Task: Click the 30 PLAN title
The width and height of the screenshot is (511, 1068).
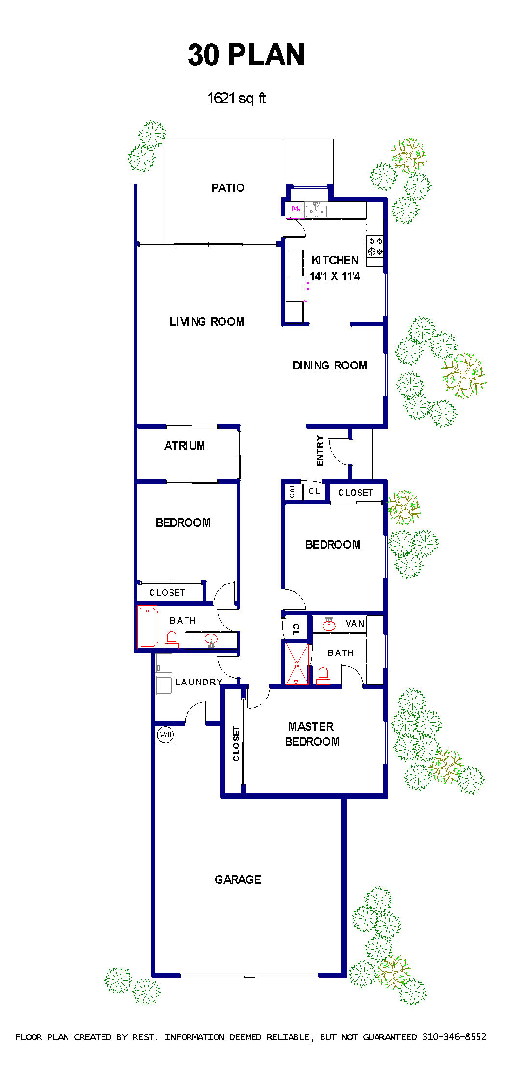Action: [x=246, y=54]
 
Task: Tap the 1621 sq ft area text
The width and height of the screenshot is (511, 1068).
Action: [x=237, y=98]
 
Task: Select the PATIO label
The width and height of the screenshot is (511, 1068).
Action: [x=228, y=188]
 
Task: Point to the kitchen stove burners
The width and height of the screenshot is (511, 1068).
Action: [x=375, y=246]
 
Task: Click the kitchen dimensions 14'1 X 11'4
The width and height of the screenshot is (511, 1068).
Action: [x=335, y=276]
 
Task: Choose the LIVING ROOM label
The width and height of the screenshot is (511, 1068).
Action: [x=207, y=322]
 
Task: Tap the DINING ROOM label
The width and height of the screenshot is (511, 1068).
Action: [x=330, y=366]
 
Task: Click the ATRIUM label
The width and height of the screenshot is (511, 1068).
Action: [x=185, y=446]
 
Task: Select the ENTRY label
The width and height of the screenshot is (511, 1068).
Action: [x=319, y=451]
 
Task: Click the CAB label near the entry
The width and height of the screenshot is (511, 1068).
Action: [x=292, y=490]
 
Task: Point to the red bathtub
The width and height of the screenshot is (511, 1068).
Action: [x=148, y=627]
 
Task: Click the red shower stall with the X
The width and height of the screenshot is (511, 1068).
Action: [x=297, y=664]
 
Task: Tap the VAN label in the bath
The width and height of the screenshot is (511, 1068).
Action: [x=355, y=624]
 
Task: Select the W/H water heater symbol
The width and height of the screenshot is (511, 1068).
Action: [x=166, y=734]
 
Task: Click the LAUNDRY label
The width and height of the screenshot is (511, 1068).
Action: [x=199, y=682]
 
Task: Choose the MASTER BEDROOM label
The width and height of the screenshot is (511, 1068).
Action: [x=312, y=734]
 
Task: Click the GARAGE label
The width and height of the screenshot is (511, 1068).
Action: [x=238, y=880]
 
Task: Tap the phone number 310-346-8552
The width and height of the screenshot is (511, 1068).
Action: [x=454, y=1037]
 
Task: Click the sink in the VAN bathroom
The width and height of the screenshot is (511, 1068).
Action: [x=329, y=624]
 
